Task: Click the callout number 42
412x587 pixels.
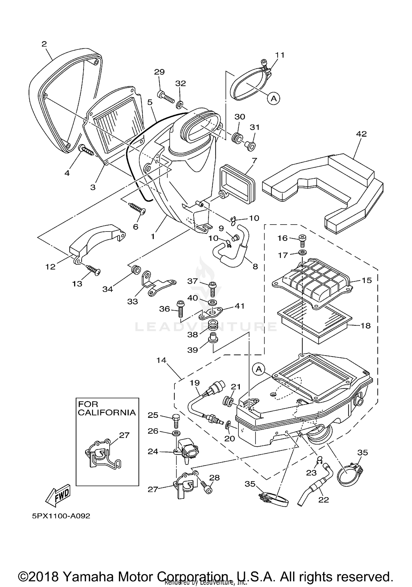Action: (x=361, y=134)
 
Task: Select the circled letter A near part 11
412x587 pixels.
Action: (x=274, y=98)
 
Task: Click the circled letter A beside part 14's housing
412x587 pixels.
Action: (x=259, y=369)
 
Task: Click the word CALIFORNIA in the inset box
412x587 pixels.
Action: (x=107, y=412)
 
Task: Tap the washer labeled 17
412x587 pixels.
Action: (x=302, y=252)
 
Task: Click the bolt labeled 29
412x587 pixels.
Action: (x=166, y=97)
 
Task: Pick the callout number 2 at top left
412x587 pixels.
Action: (x=44, y=44)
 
